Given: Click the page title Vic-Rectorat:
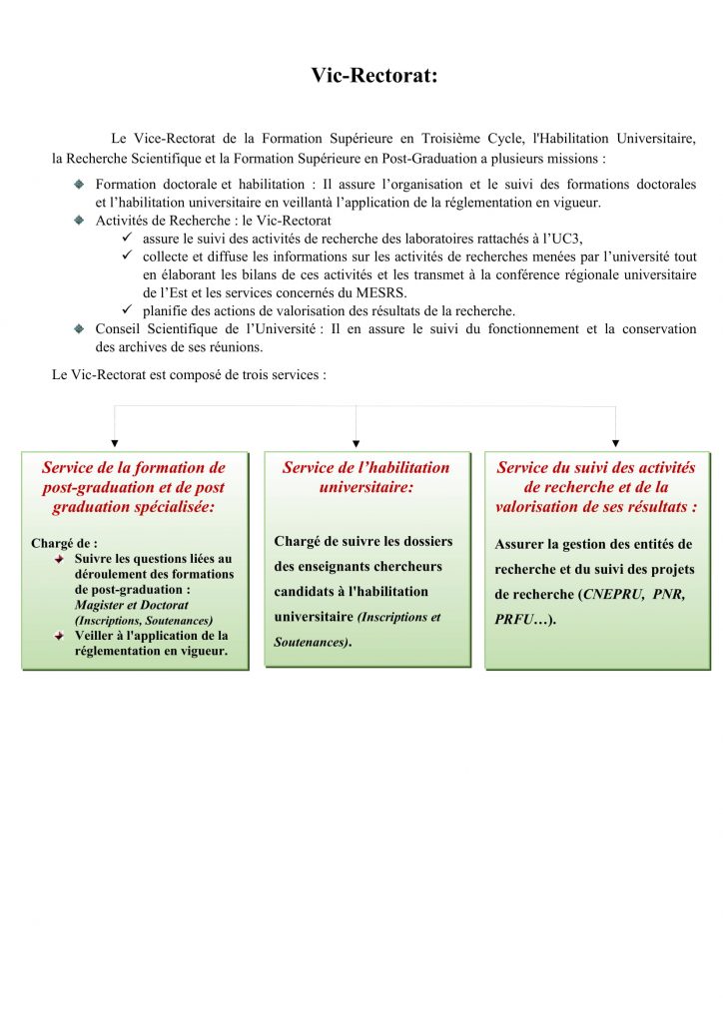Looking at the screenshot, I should (x=373, y=75).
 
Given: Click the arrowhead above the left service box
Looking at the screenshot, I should (x=115, y=442).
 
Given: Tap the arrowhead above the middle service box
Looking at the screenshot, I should (x=357, y=442).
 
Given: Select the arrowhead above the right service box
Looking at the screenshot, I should (x=615, y=442).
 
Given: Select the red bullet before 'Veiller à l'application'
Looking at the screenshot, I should (x=60, y=636).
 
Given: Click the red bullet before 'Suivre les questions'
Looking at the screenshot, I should (x=60, y=559).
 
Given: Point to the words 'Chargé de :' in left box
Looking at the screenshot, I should (x=64, y=544).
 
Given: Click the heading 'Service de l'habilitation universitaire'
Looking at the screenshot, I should (x=365, y=477).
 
